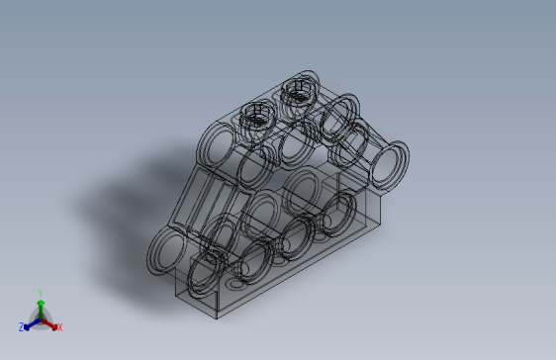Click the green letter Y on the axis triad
40,293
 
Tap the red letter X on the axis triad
59,326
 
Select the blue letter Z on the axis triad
22,326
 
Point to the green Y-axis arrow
40,305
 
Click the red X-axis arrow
51,322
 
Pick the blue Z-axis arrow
30,322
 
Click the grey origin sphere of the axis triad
41,317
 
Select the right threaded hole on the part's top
297,92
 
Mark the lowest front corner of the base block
218,316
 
